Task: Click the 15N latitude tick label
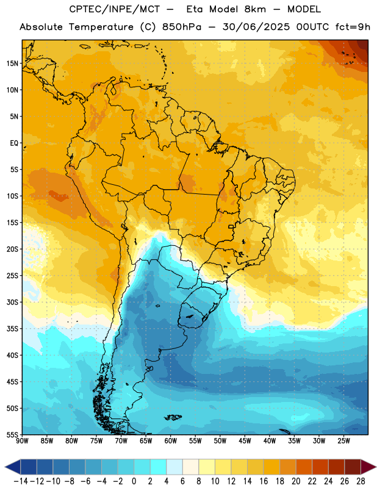pyautogui.click(x=12, y=63)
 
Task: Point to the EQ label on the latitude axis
pyautogui.click(x=14, y=143)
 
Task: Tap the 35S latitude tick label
pyautogui.click(x=12, y=329)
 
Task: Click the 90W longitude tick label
pyautogui.click(x=22, y=440)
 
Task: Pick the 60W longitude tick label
pyautogui.click(x=171, y=440)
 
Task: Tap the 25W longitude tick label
pyautogui.click(x=343, y=440)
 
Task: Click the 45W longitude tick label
pyautogui.click(x=245, y=440)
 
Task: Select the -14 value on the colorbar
pyautogui.click(x=21, y=481)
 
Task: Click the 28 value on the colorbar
pyautogui.click(x=361, y=481)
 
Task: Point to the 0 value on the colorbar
pyautogui.click(x=134, y=481)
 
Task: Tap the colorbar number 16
pyautogui.click(x=264, y=481)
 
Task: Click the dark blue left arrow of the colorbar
pyautogui.click(x=13, y=467)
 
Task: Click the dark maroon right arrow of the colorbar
pyautogui.click(x=368, y=467)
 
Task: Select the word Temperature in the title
pyautogui.click(x=101, y=27)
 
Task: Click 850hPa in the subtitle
pyautogui.click(x=182, y=27)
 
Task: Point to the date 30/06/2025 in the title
pyautogui.click(x=256, y=27)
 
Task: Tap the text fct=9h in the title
pyautogui.click(x=353, y=27)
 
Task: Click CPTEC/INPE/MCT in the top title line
pyautogui.click(x=114, y=9)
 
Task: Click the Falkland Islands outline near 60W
pyautogui.click(x=173, y=417)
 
